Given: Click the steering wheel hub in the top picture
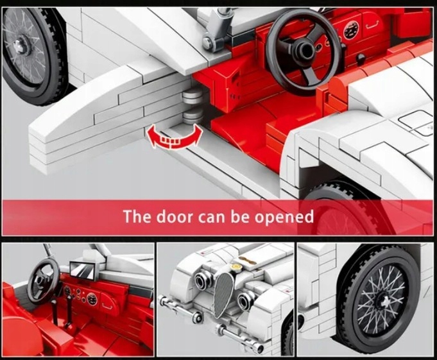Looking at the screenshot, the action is click(x=303, y=49).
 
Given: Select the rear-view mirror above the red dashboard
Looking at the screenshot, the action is click(x=83, y=270).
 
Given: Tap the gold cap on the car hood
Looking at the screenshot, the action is click(x=237, y=267).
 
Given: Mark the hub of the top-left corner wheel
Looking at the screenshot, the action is click(x=21, y=44).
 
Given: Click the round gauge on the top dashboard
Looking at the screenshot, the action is click(x=350, y=30).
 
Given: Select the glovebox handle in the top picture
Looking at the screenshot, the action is click(x=372, y=25).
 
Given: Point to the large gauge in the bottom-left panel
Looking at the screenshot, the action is click(x=92, y=299).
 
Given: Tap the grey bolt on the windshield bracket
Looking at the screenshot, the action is click(x=207, y=42).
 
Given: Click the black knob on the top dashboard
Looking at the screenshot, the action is click(x=361, y=59).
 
